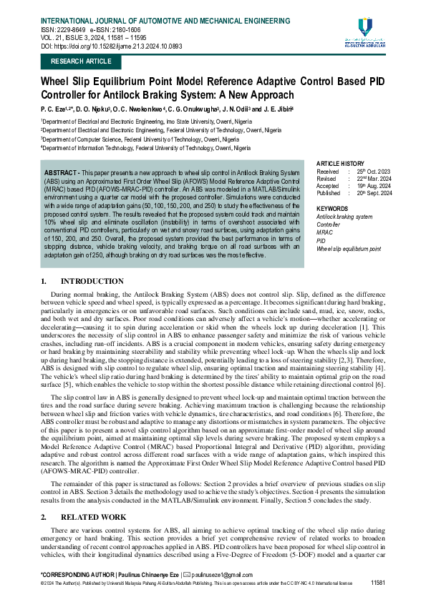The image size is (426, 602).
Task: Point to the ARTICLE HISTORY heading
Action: tap(341, 164)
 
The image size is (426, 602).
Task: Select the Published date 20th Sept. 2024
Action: tap(376, 194)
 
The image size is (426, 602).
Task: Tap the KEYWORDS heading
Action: tap(332, 208)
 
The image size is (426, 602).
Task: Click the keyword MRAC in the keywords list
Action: tap(324, 232)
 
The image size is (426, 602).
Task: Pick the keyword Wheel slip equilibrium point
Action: tap(349, 249)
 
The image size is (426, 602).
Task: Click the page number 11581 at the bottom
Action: tap(378, 583)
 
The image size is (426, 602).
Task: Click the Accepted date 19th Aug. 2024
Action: tap(374, 187)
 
